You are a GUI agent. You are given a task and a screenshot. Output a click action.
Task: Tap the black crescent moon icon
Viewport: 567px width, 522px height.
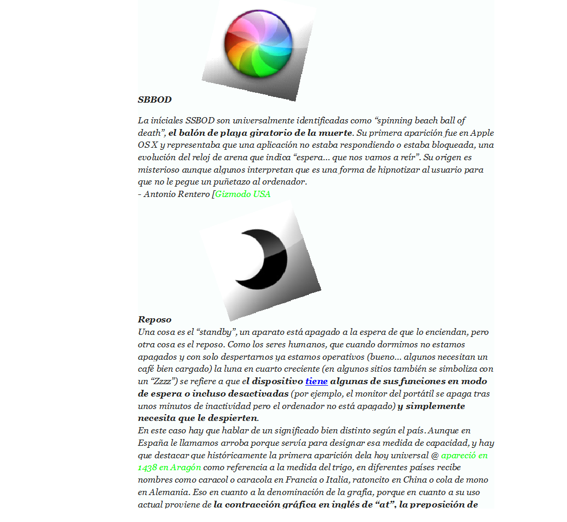[x=264, y=254]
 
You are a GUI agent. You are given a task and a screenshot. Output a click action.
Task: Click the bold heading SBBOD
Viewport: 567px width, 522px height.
[x=154, y=100]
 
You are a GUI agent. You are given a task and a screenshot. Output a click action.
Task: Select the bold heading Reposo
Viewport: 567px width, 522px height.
[x=154, y=319]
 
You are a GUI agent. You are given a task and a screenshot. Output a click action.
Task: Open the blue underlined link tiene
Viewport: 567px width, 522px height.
[x=316, y=382]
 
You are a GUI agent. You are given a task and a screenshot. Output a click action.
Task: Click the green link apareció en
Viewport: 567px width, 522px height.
[x=464, y=456]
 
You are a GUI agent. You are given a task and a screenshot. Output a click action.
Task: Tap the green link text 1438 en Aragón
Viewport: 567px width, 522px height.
[x=169, y=468]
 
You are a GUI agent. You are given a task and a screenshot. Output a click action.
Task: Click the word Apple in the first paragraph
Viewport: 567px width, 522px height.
[x=483, y=133]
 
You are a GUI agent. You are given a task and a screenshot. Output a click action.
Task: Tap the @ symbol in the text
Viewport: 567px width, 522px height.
[x=435, y=456]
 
